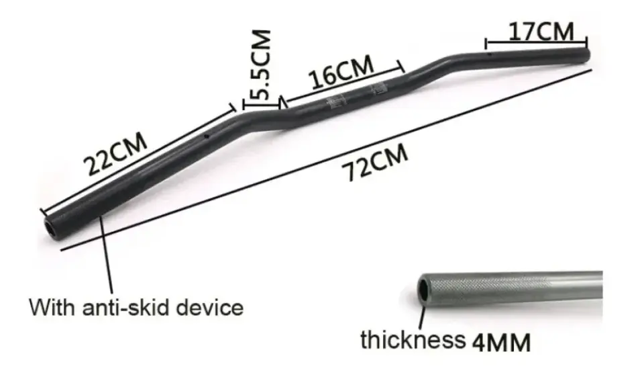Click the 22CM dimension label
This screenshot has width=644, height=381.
[x=115, y=154]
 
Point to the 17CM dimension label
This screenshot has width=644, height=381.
[x=541, y=32]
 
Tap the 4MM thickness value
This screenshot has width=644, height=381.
[x=501, y=342]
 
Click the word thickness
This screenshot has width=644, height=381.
[x=413, y=339]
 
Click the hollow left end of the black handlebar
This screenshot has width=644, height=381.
[x=51, y=225]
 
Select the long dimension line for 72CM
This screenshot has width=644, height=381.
[x=322, y=162]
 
